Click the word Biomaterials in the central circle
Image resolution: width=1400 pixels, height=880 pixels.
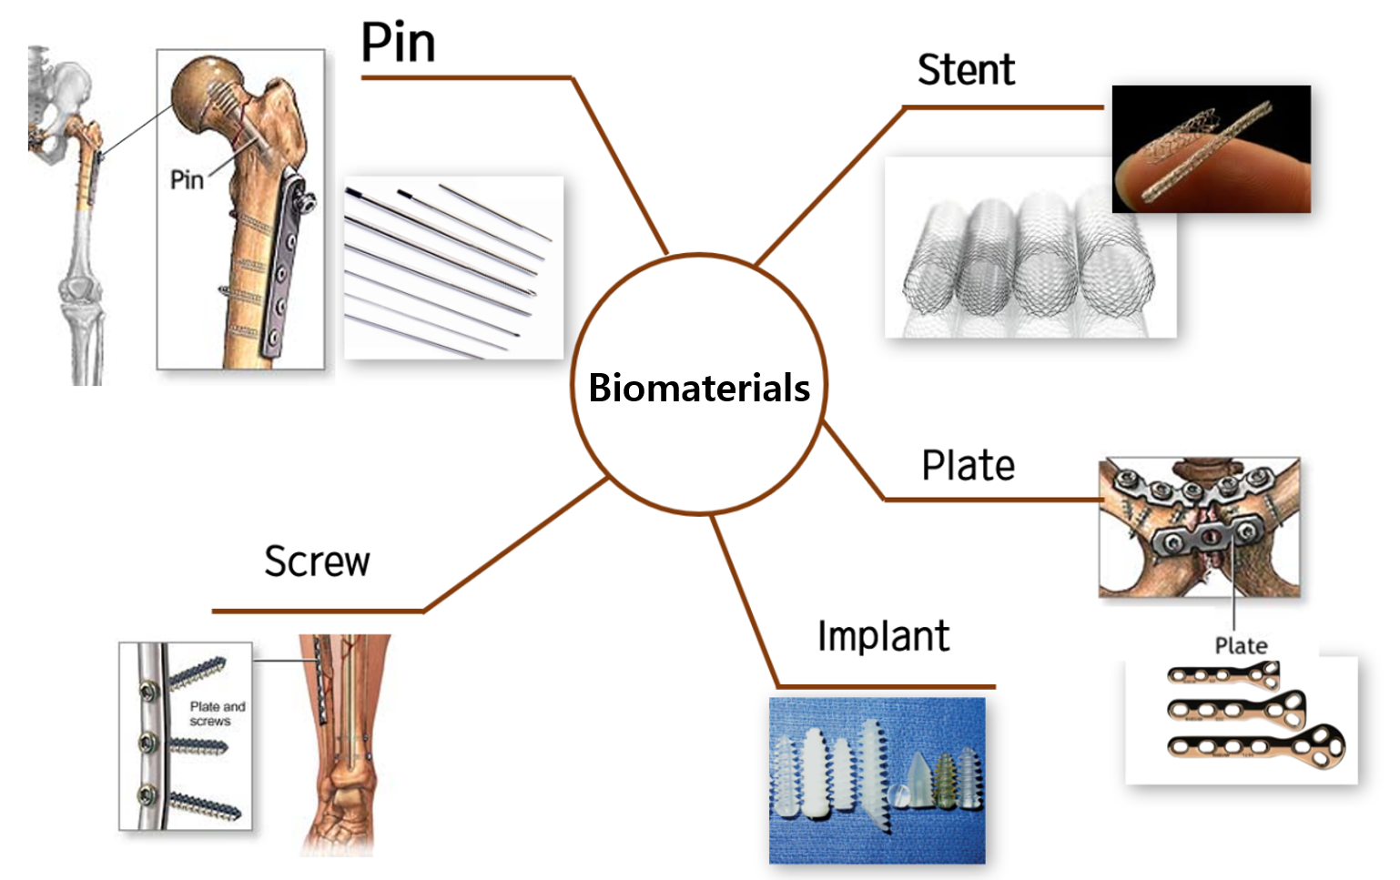point(699,388)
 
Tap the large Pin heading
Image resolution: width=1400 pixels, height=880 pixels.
point(398,42)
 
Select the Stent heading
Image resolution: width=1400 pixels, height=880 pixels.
point(966,69)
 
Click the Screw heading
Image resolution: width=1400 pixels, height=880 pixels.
point(317,561)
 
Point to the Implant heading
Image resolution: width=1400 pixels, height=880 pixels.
point(883,636)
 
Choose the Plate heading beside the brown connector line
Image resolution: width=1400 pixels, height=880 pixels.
point(969,465)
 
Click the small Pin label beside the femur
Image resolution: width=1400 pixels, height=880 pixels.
point(187,180)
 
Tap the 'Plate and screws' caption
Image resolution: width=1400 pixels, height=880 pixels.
point(218,713)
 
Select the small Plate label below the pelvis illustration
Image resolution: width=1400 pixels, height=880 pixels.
point(1241,645)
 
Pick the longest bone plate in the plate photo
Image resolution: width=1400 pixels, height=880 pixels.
point(1256,745)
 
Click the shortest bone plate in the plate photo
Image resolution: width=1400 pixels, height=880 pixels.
point(1223,675)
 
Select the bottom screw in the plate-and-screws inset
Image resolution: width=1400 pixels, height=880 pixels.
point(205,805)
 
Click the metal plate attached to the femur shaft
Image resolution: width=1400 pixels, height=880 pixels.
point(285,262)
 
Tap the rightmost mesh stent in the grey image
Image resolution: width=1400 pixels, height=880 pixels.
point(1116,262)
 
